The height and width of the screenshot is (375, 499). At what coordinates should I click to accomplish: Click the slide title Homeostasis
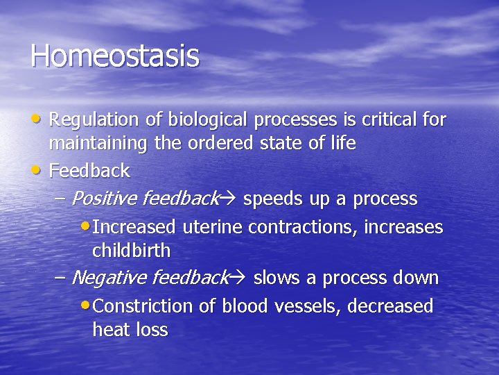(x=114, y=56)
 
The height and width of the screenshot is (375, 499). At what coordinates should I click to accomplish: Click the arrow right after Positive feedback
(x=230, y=200)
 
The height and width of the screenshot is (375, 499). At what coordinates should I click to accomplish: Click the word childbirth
(x=131, y=250)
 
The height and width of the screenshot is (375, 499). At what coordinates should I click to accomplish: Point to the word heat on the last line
(x=111, y=330)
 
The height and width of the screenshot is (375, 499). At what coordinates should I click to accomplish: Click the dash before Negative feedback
(x=60, y=278)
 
